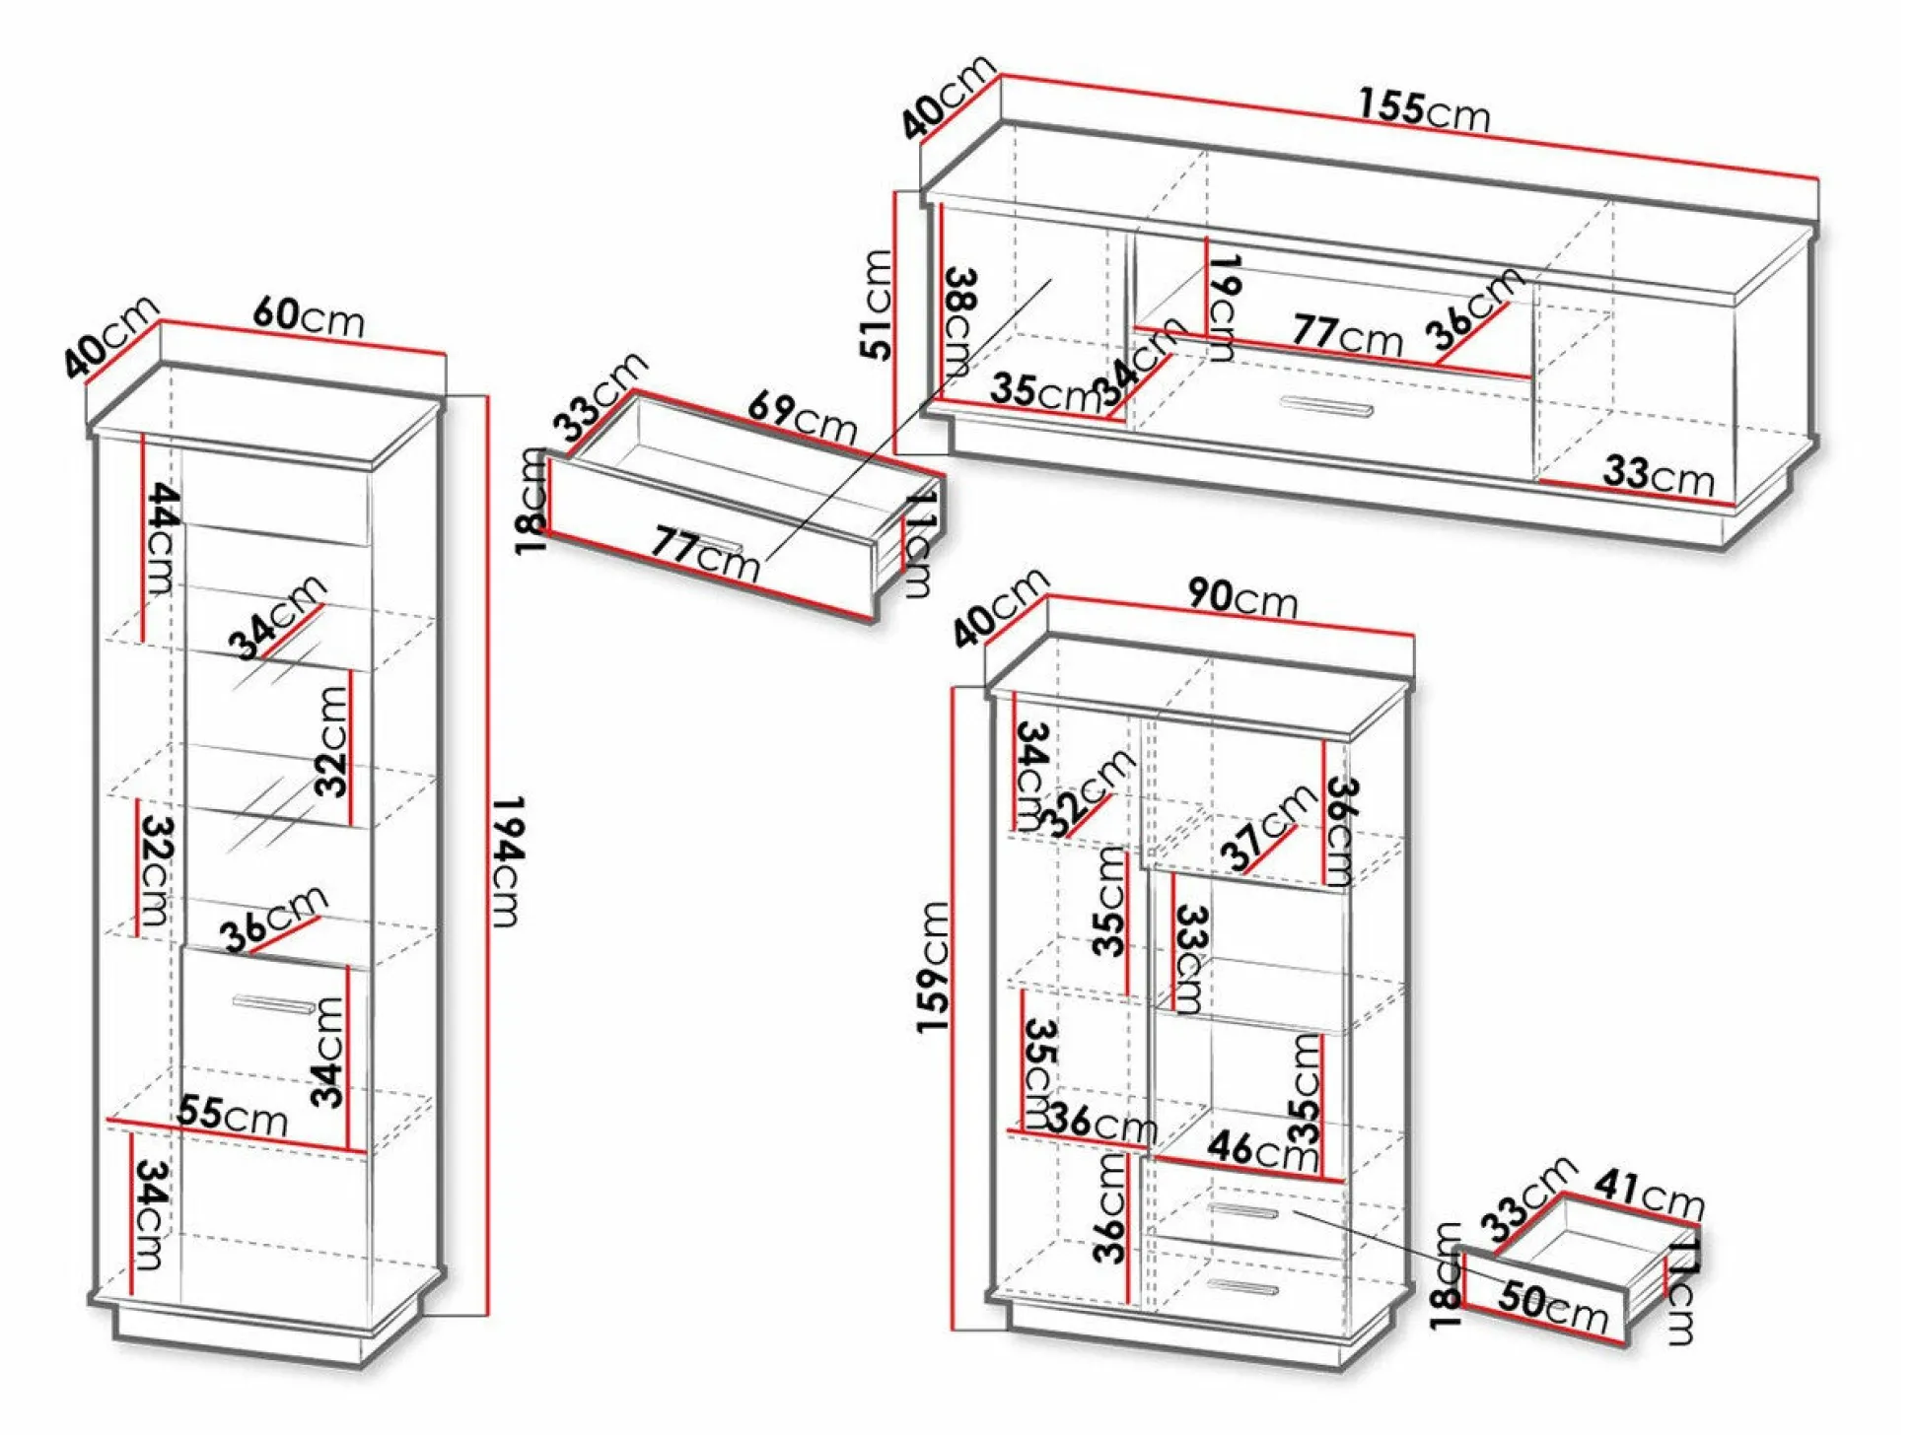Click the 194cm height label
coord(507,861)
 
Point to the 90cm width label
coord(1241,597)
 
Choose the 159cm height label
coord(933,967)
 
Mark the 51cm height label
coord(877,305)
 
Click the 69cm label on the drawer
coord(802,416)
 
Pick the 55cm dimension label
coord(233,1115)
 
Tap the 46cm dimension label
coord(1262,1149)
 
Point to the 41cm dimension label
coord(1649,1194)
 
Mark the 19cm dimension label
coord(1224,307)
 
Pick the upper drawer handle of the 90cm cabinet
coord(1243,1210)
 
